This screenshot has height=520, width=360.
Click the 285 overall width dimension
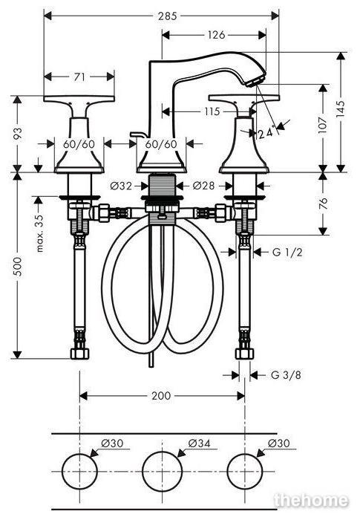168,16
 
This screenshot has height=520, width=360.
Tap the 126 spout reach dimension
216,34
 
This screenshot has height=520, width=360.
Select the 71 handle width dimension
79,77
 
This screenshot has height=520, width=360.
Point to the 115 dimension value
212,111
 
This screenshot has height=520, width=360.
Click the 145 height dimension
341,109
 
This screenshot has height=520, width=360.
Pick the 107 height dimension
323,125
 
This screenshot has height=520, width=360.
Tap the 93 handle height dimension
19,133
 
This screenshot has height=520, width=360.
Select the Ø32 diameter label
121,186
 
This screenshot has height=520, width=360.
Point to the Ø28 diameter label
203,186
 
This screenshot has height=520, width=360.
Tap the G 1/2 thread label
287,253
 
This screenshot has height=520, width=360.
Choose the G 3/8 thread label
286,375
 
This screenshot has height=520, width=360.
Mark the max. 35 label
40,233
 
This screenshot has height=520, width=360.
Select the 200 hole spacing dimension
161,396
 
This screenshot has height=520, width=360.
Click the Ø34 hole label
199,443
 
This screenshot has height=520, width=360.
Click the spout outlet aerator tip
255,82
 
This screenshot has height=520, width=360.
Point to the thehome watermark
311,500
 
